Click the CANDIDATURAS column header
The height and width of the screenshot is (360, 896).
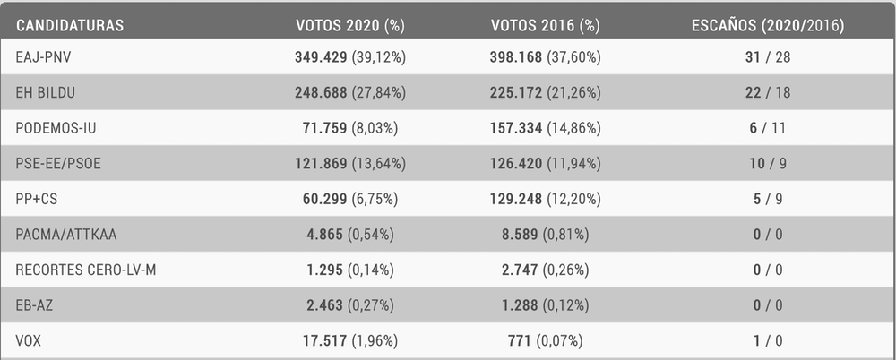[x=70, y=25]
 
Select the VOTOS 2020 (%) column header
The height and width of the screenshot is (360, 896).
[x=349, y=25]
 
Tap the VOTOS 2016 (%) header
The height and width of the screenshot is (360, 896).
[x=545, y=25]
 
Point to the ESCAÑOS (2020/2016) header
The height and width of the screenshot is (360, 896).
[x=768, y=25]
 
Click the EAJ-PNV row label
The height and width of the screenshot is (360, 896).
[x=45, y=57]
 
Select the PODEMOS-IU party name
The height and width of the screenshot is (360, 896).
[x=56, y=128]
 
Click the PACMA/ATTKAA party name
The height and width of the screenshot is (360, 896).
[x=66, y=235]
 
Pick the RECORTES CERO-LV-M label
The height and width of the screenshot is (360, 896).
[x=86, y=270]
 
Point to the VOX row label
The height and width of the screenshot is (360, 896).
[x=30, y=340]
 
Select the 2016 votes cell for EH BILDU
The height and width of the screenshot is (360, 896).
[x=546, y=92]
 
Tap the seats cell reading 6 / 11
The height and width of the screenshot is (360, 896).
[x=768, y=128]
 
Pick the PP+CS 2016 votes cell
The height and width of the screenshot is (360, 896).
[x=546, y=199]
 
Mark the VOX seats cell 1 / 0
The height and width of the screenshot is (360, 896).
[x=768, y=340]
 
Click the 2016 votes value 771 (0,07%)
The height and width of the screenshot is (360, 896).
[x=546, y=340]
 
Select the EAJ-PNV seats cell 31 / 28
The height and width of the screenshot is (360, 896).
[x=768, y=57]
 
